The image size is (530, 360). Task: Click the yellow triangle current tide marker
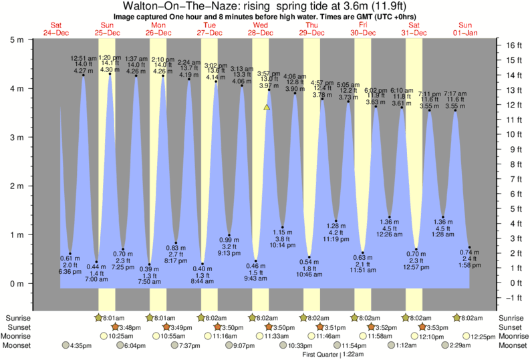tap(267, 107)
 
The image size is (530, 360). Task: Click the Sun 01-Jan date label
tap(464, 29)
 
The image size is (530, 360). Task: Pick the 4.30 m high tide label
tap(110, 69)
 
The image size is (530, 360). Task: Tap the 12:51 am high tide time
tap(84, 59)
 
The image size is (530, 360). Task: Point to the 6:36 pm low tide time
tap(70, 271)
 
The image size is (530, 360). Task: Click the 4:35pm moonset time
tap(81, 345)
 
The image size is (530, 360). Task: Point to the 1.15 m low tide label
tap(283, 232)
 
